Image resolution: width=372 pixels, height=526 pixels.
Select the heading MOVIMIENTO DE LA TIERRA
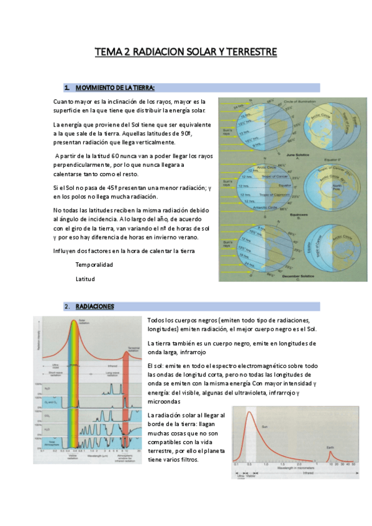(118, 87)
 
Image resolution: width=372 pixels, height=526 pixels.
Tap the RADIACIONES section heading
(95, 306)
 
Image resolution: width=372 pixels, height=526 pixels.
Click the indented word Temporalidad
(94, 264)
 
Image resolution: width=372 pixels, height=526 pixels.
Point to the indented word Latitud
(86, 279)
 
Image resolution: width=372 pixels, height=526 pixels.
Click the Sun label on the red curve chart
(265, 426)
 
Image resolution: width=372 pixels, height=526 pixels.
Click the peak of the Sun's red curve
(251, 412)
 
